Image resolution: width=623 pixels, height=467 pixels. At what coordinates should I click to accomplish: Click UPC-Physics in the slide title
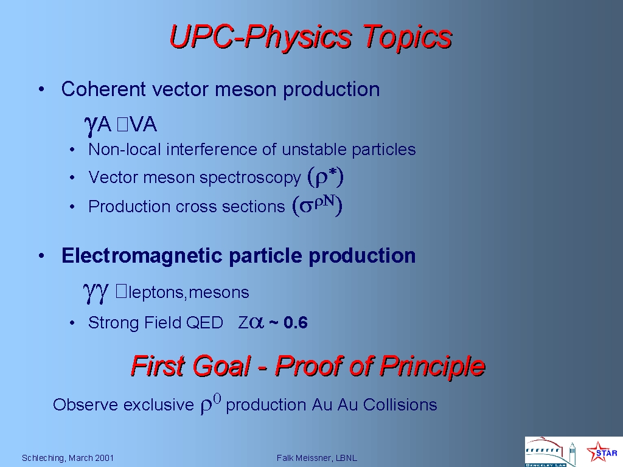(260, 37)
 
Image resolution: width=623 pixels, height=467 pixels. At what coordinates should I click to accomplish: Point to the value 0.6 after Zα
(296, 322)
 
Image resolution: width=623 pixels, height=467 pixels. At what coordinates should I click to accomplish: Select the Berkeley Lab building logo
(550, 452)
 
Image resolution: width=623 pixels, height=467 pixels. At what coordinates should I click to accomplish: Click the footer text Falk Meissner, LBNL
(316, 458)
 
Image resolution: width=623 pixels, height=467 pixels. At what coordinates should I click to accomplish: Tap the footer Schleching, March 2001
(68, 458)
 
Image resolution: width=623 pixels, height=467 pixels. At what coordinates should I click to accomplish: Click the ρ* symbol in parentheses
(325, 177)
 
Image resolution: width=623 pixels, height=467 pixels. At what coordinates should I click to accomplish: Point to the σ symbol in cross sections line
(306, 207)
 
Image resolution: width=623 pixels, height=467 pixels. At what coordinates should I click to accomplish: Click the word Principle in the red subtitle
(432, 366)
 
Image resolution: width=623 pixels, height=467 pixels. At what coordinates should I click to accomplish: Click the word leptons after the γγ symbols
(156, 292)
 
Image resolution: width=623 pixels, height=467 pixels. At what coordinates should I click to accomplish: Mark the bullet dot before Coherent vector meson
(41, 89)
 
